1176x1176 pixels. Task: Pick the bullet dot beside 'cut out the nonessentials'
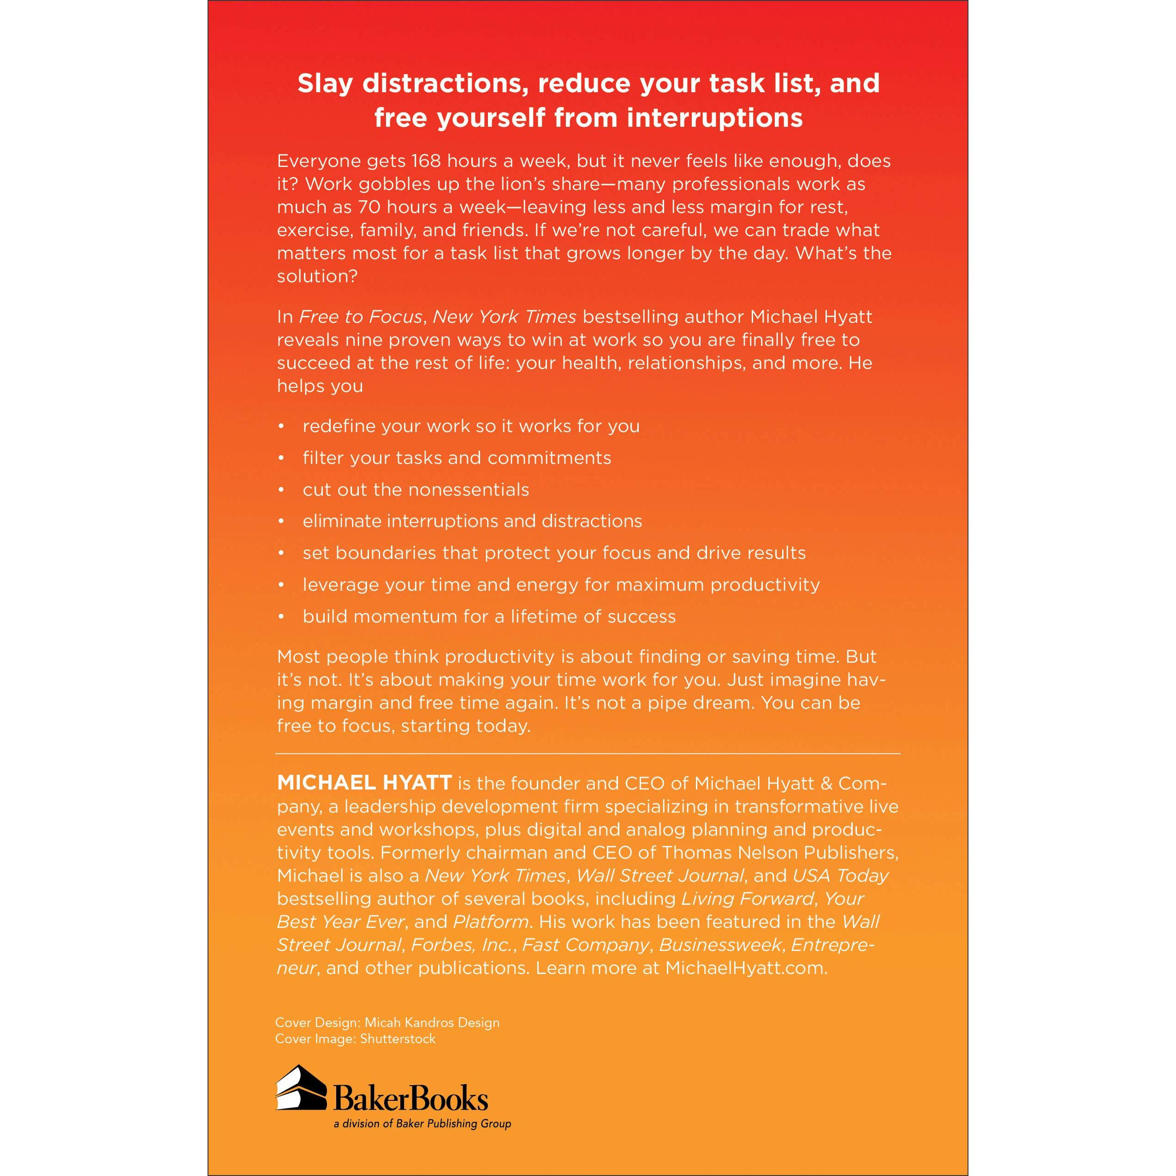click(281, 489)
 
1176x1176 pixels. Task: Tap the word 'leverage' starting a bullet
click(337, 584)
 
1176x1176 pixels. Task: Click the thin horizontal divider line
click(588, 754)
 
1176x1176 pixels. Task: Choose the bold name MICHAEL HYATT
click(364, 783)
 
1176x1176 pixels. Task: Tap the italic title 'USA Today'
click(840, 875)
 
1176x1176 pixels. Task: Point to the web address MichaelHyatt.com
click(746, 968)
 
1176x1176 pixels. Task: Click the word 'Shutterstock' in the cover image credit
click(398, 1039)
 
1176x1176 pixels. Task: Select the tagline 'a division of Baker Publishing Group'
click(422, 1123)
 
